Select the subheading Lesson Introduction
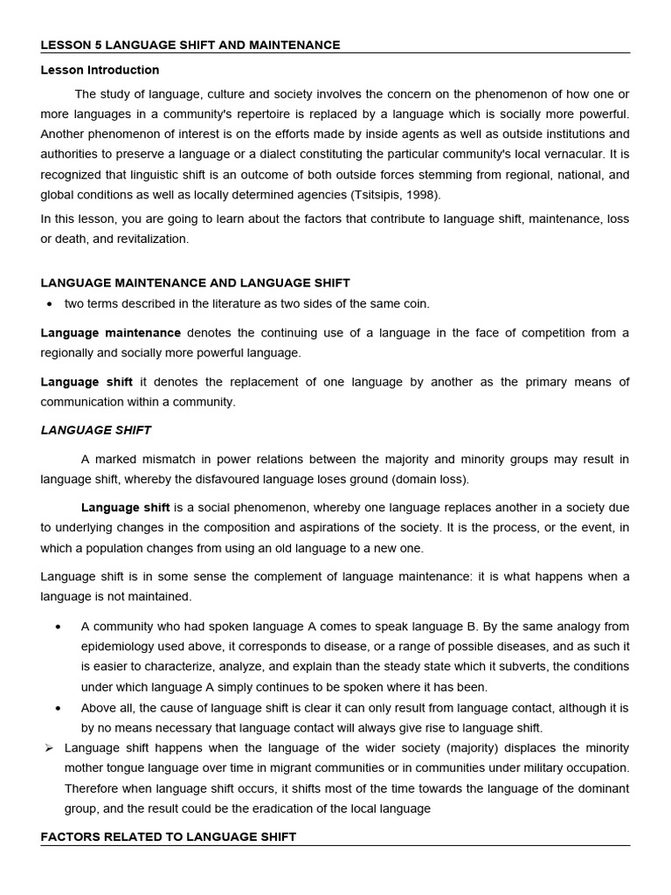click(100, 70)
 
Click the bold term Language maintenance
click(111, 333)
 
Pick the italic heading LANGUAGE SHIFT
click(95, 430)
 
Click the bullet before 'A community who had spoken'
click(58, 628)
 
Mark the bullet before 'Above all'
click(58, 709)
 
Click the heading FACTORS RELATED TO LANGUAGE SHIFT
click(169, 836)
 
